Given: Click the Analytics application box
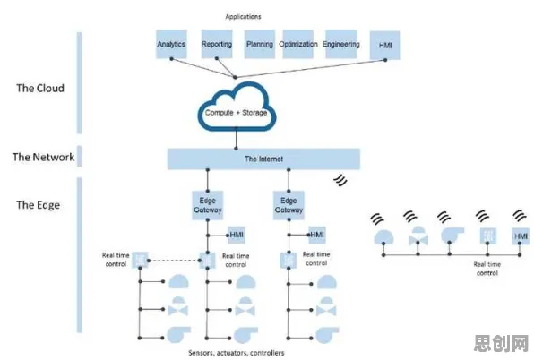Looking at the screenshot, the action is (171, 44).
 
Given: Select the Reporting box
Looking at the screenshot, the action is (217, 44).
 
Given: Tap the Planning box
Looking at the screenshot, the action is (260, 44).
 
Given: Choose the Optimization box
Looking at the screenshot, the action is (298, 44).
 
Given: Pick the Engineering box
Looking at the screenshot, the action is (340, 44).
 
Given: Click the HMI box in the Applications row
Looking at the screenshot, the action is (385, 46).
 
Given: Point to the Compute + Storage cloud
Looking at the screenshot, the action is (237, 107).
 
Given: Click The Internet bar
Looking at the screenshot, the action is (263, 159).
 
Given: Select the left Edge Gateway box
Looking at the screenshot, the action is (207, 205).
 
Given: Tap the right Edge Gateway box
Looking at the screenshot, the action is (289, 205).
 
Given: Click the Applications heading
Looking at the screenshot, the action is (243, 17).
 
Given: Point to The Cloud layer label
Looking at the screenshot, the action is (40, 88).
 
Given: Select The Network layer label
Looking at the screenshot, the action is (43, 157).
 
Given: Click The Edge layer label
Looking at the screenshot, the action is (39, 205).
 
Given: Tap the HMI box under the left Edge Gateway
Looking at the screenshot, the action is (237, 235).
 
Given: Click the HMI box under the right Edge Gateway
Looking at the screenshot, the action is (317, 235).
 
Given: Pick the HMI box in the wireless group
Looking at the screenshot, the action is (521, 236).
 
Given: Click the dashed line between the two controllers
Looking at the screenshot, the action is (174, 261).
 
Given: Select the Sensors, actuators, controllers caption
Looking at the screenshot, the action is (237, 353).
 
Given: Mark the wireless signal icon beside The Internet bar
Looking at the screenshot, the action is (340, 180).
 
